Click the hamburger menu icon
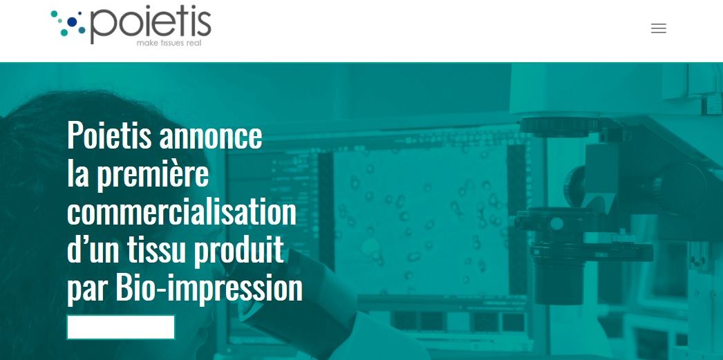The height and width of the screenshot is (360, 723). pos(659,28)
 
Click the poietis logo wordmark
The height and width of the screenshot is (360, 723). pos(151,25)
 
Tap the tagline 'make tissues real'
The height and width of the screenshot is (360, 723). pos(169,44)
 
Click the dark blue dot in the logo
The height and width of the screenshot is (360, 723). pos(72,21)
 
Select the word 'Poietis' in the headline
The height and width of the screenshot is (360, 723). pos(109,135)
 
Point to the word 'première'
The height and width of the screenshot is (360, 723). pos(153,175)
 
